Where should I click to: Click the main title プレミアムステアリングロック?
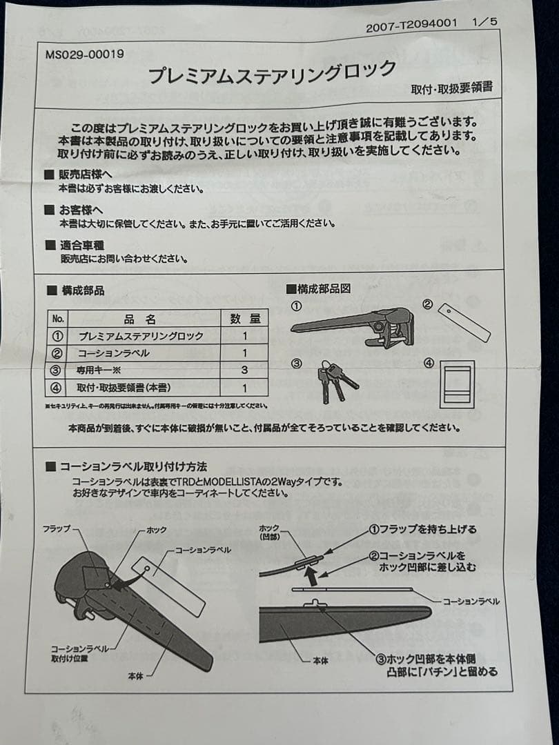point(273,72)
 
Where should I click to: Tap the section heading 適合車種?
point(81,245)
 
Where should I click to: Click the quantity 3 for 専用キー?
point(244,370)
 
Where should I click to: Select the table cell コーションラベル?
point(113,353)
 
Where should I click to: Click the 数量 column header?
point(244,319)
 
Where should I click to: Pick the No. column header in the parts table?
point(58,319)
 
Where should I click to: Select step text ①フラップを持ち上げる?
point(422,530)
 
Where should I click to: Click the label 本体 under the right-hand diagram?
point(320,661)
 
